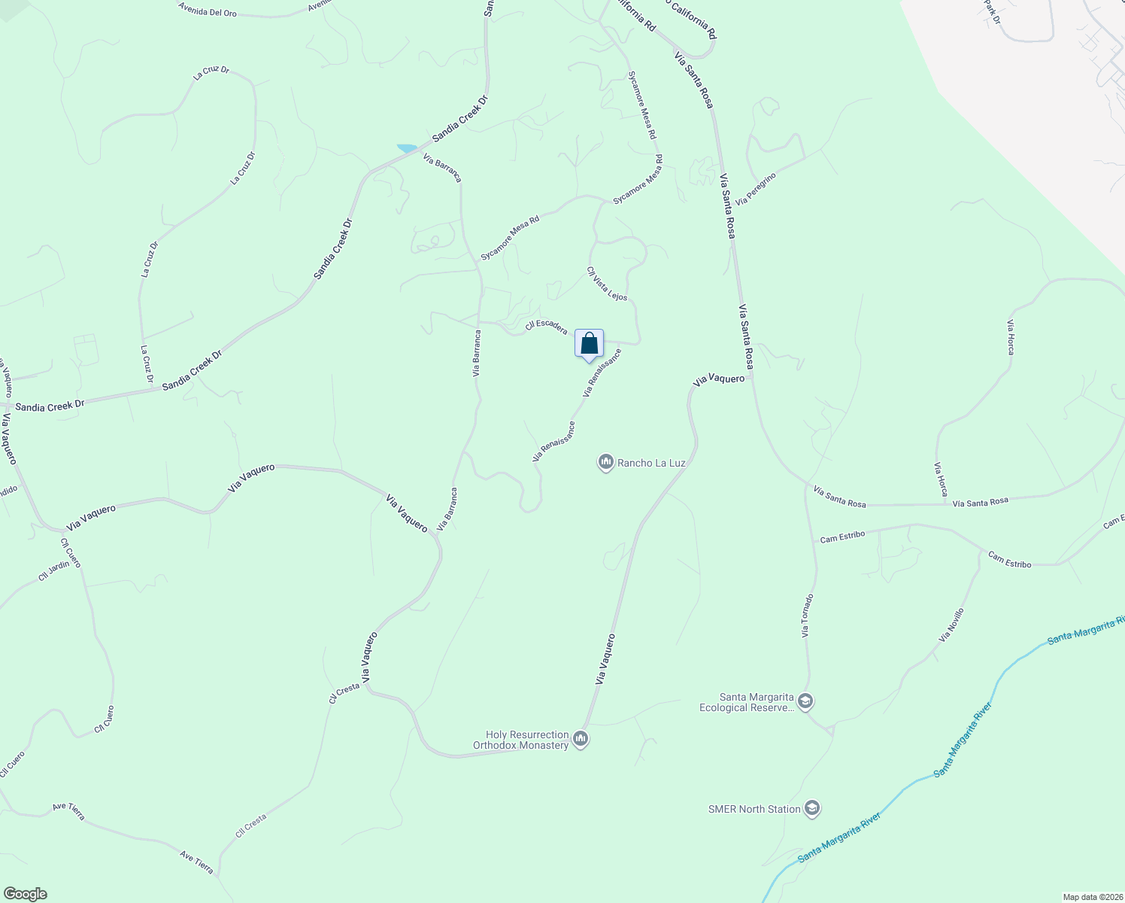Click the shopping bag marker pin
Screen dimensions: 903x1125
point(590,344)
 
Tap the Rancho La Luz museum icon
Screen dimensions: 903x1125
point(606,462)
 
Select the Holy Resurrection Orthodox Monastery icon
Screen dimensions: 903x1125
point(581,740)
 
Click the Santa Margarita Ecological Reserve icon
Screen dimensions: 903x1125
point(805,702)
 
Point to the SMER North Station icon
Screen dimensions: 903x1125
point(811,809)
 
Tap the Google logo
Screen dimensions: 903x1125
point(26,894)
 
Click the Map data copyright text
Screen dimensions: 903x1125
point(1091,897)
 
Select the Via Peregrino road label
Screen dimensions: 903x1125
point(756,189)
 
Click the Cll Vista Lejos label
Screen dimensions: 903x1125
point(607,284)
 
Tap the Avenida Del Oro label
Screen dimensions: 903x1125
point(208,9)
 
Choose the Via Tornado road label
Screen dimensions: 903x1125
point(807,616)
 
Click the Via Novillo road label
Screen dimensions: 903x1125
point(951,625)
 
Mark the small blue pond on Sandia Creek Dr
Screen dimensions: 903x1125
point(407,148)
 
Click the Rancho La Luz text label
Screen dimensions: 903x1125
point(651,463)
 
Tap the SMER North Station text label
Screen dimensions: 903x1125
point(754,810)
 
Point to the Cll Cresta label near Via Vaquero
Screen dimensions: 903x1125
point(344,693)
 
